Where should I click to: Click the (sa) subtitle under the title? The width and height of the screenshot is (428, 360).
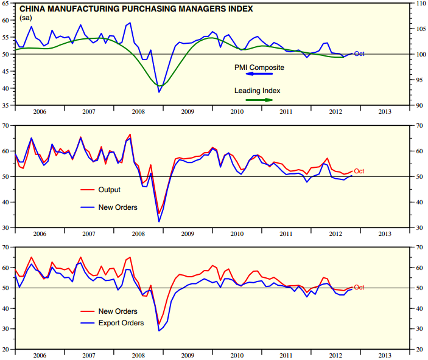tap(26, 18)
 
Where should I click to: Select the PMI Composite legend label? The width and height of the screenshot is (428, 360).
tap(259, 67)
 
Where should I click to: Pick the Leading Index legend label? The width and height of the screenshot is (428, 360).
tap(258, 91)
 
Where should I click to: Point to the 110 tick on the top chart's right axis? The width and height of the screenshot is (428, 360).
tap(420, 3)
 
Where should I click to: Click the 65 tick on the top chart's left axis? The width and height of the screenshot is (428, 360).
tap(7, 3)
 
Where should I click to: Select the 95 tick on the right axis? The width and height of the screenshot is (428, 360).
tap(420, 80)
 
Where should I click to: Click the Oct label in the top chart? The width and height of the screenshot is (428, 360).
tap(359, 54)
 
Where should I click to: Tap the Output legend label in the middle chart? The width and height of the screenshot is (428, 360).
tap(110, 190)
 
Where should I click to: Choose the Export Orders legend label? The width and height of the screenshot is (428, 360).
tap(121, 323)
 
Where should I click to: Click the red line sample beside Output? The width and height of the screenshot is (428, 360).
tap(88, 190)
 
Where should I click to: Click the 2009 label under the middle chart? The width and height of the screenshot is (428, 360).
tap(188, 234)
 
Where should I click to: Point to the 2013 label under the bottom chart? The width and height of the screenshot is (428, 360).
tap(385, 355)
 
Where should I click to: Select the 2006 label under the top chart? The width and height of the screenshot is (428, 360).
tap(40, 111)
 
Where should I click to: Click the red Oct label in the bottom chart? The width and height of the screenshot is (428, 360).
tap(359, 288)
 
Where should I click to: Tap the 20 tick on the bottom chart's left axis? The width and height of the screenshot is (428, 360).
tap(7, 350)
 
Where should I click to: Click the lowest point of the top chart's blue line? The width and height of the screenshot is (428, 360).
tap(159, 92)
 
